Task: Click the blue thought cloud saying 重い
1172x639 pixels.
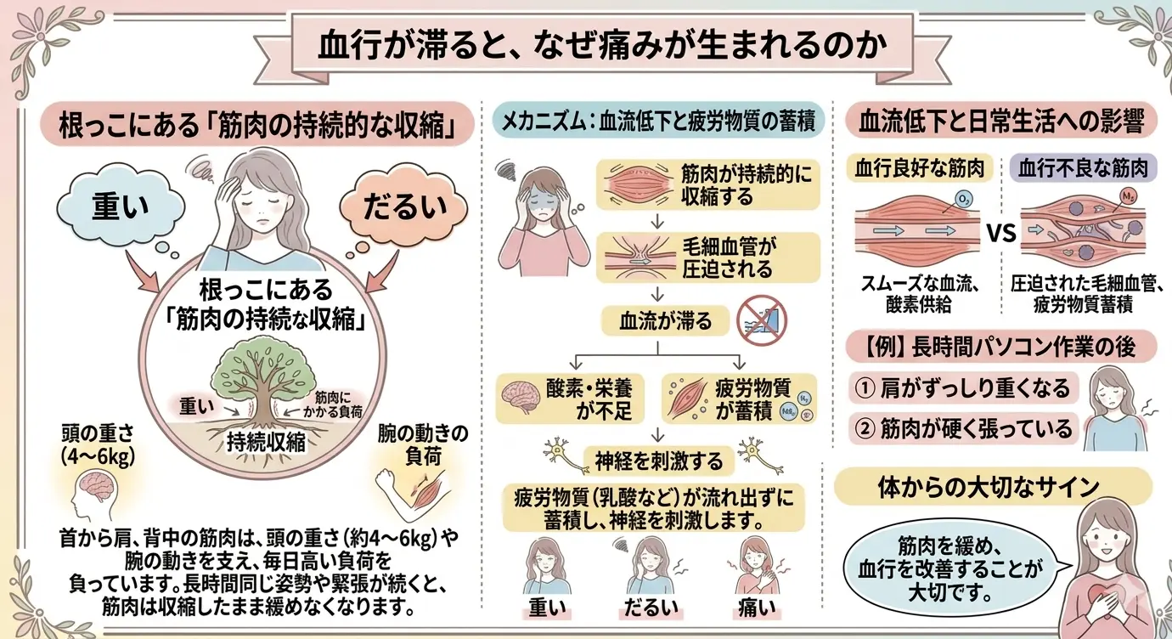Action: click(x=121, y=206)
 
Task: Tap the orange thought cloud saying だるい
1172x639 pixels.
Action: click(x=403, y=205)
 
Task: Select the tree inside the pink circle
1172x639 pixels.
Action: click(x=263, y=395)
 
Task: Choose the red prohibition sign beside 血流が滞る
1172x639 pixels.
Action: click(x=761, y=320)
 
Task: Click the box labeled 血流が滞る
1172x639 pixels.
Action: click(x=665, y=321)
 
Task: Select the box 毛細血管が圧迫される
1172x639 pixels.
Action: click(x=708, y=257)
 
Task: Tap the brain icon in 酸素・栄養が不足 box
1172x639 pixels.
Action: click(x=521, y=397)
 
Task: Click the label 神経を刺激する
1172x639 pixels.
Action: click(x=659, y=461)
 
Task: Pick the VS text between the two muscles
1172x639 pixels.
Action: click(x=1001, y=233)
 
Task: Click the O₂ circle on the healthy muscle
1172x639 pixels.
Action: click(x=963, y=200)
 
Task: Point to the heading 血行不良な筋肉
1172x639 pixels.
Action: click(x=1083, y=168)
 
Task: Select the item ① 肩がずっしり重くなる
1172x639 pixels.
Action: click(x=963, y=387)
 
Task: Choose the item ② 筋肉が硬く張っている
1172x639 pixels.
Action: click(x=963, y=428)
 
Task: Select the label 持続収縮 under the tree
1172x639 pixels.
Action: click(x=266, y=443)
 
